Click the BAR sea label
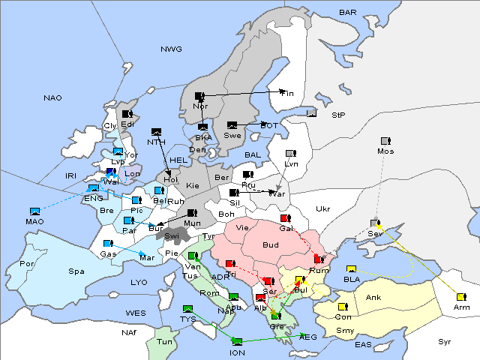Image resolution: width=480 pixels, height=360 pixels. click(347, 13)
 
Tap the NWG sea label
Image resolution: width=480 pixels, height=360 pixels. click(171, 49)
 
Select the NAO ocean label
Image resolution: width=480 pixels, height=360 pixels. click(53, 97)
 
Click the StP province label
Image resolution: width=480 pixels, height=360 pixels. click(337, 116)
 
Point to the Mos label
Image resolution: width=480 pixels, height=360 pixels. click(385, 151)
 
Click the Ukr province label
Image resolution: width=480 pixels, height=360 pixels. click(322, 208)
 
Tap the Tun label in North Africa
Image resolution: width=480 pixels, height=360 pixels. click(164, 341)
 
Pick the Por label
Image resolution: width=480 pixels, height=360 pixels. click(27, 264)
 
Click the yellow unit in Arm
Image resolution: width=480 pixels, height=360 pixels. click(460, 297)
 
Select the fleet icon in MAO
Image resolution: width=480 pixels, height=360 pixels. click(34, 211)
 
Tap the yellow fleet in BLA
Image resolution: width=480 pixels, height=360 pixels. click(350, 269)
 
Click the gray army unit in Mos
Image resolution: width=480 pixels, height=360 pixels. click(385, 141)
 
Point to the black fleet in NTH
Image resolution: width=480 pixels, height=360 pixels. click(156, 132)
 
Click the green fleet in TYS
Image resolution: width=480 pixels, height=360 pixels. click(187, 308)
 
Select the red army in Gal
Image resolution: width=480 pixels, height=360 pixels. click(285, 218)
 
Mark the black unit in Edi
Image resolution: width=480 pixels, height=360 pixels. click(127, 114)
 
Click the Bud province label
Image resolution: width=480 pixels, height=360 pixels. click(270, 245)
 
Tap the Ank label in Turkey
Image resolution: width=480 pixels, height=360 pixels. click(373, 298)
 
